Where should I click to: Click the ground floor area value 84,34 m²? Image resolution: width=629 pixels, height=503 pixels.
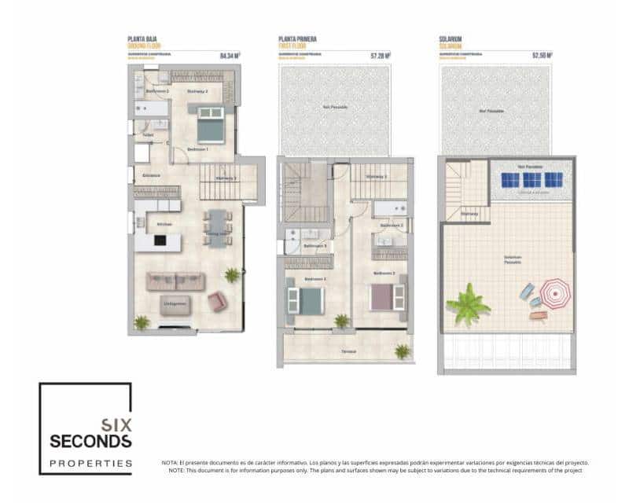230,56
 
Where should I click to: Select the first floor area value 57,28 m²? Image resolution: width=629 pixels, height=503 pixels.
381,56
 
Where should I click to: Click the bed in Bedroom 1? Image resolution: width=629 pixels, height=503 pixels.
211,125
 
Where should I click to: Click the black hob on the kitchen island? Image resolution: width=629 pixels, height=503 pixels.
160,240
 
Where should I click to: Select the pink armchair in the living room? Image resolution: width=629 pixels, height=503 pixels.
217,301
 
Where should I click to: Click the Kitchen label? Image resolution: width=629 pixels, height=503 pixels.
164,225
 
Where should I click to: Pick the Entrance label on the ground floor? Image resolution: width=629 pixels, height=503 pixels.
151,175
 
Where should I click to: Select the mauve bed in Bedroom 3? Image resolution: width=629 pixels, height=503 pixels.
387,297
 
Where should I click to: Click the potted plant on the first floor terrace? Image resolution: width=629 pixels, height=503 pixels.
403,351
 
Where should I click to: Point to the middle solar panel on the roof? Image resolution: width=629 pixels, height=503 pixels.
532,180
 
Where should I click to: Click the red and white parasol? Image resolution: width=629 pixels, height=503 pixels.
556,295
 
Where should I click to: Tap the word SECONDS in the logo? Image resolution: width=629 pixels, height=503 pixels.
90,440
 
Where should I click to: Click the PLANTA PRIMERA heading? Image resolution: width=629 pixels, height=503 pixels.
297,39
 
